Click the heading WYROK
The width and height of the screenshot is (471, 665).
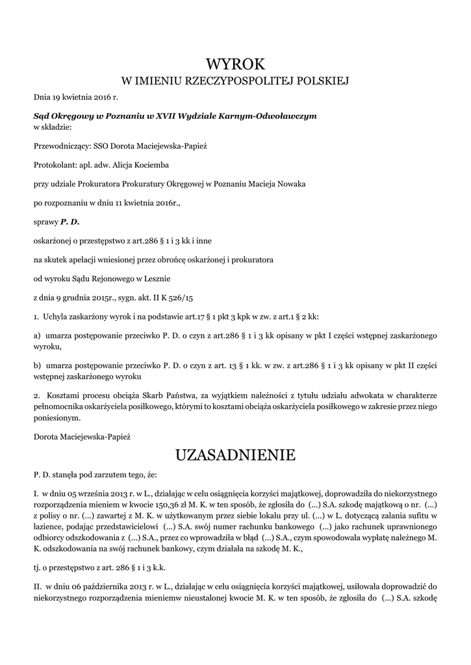click(235, 64)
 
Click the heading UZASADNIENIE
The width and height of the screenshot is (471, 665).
click(235, 455)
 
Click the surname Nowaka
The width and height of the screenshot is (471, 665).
click(288, 184)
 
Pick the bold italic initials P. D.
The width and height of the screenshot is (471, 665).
click(70, 221)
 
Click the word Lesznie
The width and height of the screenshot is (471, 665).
click(154, 278)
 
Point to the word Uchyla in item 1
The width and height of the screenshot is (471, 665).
click(56, 316)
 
